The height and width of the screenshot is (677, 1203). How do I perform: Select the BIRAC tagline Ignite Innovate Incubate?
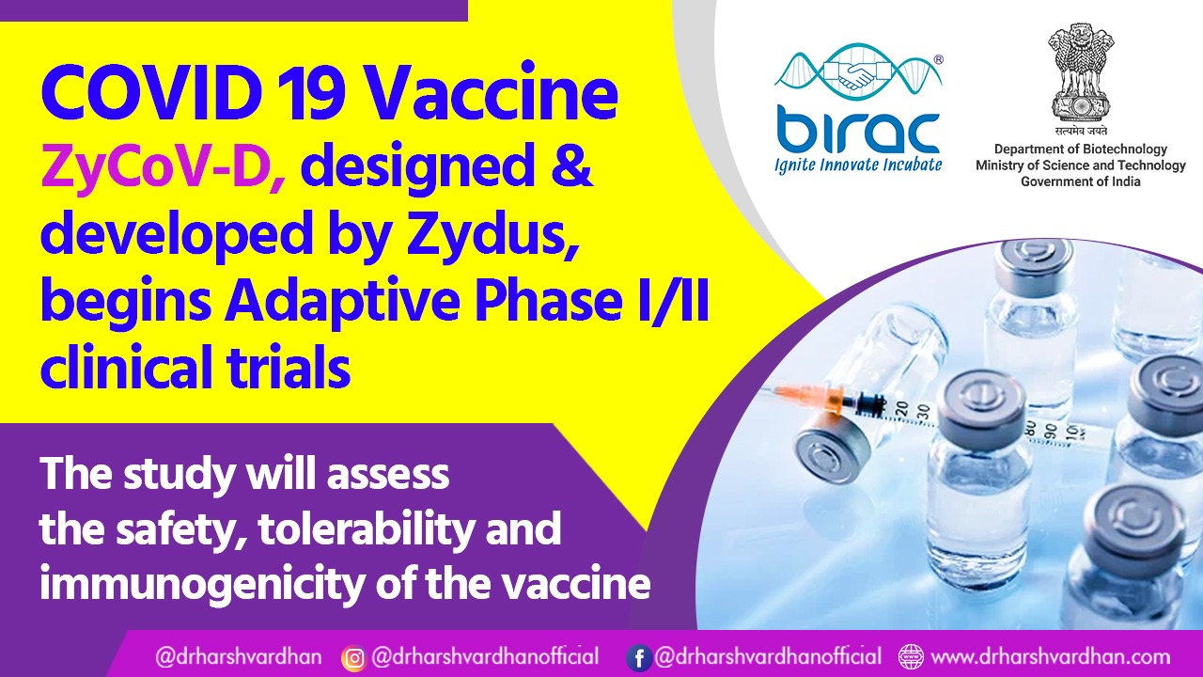click(857, 165)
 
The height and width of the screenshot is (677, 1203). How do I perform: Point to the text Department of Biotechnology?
click(1081, 150)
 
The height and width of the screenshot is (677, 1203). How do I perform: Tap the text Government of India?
click(1081, 181)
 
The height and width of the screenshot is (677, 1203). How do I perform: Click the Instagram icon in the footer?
click(353, 657)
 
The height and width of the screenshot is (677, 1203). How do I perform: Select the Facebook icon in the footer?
click(638, 657)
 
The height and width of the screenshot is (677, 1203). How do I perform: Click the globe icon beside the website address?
click(910, 656)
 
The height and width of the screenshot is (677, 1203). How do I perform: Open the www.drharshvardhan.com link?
click(1050, 656)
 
